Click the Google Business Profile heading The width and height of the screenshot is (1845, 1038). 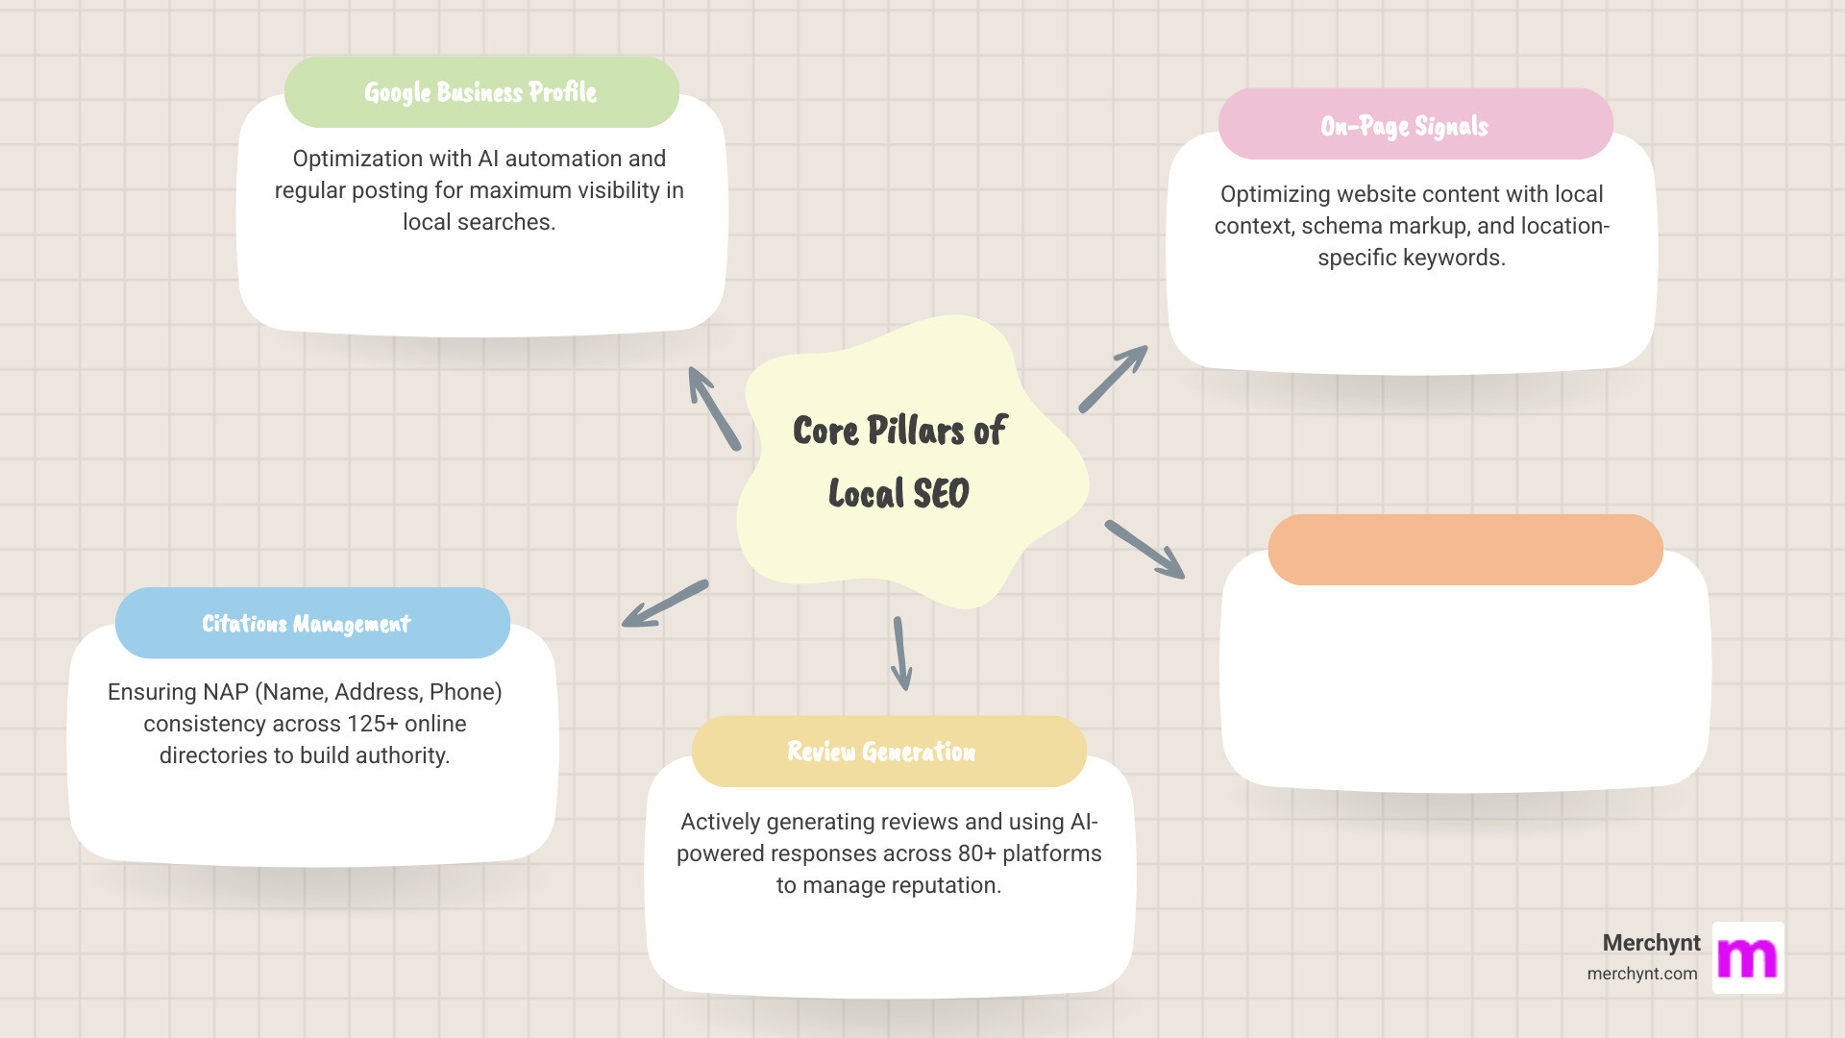pyautogui.click(x=480, y=92)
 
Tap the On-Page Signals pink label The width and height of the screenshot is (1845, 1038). pyautogui.click(x=1404, y=126)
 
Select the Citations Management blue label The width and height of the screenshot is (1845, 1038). pyautogui.click(x=306, y=624)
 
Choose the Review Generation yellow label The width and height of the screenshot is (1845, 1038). pyautogui.click(x=881, y=752)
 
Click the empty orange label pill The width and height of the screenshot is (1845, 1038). pyautogui.click(x=1465, y=550)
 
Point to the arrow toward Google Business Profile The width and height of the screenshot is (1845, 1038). pyautogui.click(x=714, y=408)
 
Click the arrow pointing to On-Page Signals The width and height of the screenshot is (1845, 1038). pyautogui.click(x=1113, y=379)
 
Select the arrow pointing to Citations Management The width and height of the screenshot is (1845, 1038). pyautogui.click(x=665, y=604)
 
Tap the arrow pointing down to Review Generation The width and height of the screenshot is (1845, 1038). pyautogui.click(x=900, y=654)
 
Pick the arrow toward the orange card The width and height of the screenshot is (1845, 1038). pyautogui.click(x=1144, y=550)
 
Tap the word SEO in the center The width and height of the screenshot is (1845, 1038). pyautogui.click(x=941, y=494)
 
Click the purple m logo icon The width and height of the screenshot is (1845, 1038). pyautogui.click(x=1748, y=958)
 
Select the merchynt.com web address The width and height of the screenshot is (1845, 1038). pyautogui.click(x=1641, y=974)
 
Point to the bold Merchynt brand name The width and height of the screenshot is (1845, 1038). pyautogui.click(x=1651, y=943)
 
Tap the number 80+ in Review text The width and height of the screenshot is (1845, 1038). pyautogui.click(x=976, y=853)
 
